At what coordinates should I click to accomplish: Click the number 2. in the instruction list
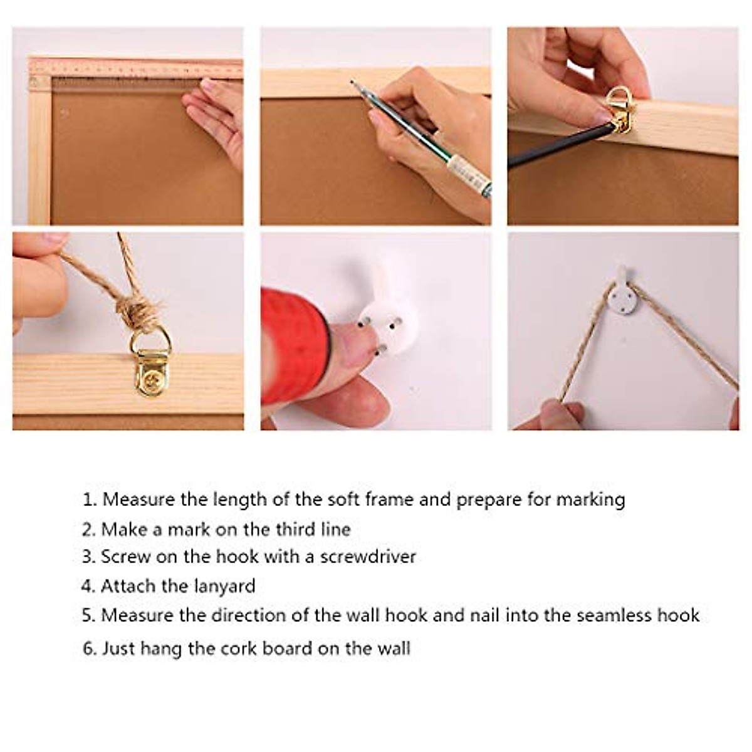[88, 530]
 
